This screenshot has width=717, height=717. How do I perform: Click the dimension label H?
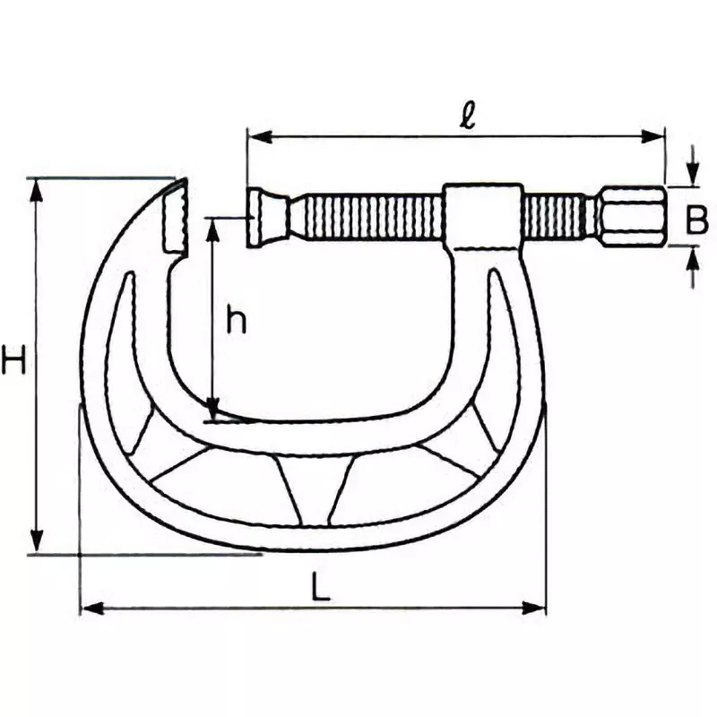(x=13, y=361)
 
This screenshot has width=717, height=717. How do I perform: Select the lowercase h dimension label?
(x=235, y=320)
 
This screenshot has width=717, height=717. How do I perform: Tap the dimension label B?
(x=697, y=220)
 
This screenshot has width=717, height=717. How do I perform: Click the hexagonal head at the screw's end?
(x=633, y=217)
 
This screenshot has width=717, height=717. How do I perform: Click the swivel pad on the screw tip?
(x=266, y=217)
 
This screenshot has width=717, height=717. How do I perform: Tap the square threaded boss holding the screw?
(x=483, y=215)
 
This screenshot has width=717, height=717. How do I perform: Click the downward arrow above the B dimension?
(x=694, y=176)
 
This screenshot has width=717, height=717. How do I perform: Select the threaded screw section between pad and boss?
(x=367, y=217)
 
